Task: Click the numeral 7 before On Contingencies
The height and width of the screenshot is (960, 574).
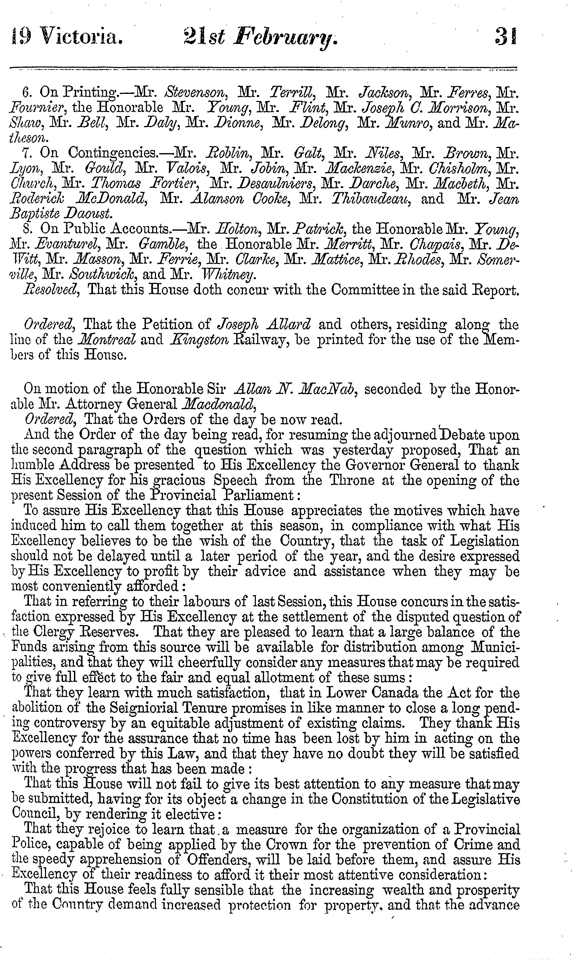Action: coord(26,154)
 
